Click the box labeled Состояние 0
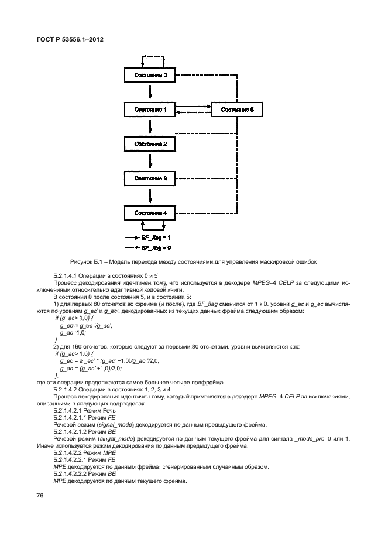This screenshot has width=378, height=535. point(150,76)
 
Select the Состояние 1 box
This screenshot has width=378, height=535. point(150,110)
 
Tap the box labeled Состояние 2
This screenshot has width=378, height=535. point(150,144)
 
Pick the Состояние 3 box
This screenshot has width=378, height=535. point(150,178)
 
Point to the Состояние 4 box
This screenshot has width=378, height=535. point(150,212)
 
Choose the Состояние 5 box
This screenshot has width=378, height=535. point(237,110)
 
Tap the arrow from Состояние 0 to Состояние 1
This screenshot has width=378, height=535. point(150,93)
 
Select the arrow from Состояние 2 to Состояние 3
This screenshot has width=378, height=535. point(150,161)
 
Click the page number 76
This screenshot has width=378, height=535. point(40,496)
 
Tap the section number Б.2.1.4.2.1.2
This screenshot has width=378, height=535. point(73,430)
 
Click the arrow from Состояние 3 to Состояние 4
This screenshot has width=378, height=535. point(150,195)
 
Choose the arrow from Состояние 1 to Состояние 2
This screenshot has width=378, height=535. point(150,127)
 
